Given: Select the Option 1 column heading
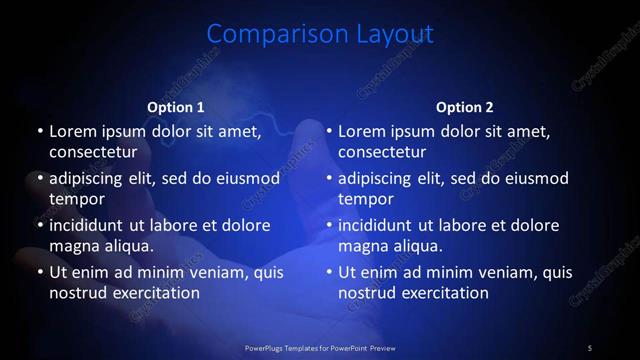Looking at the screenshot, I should (176, 107).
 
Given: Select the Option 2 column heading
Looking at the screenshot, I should (465, 107).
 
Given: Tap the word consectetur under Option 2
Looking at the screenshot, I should (382, 151).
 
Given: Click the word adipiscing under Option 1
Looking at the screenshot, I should (92, 178).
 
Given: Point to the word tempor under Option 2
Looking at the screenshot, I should (366, 198).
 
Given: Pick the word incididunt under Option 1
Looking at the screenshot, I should (95, 225).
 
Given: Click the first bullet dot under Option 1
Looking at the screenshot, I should (39, 131).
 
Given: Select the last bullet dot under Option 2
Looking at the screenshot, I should (329, 272).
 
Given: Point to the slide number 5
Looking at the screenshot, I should (590, 347).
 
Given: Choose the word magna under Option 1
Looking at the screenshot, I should (72, 245).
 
